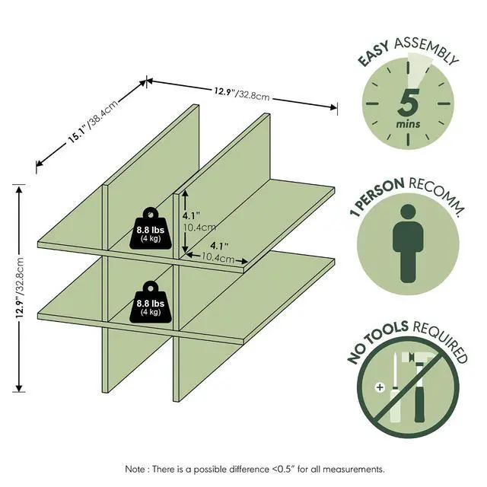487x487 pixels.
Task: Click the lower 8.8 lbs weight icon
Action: [x=151, y=302]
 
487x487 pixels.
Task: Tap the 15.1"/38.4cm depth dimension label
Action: [x=93, y=122]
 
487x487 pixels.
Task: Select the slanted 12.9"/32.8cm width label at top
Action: [x=241, y=93]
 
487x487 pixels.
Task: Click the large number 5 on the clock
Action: [x=408, y=102]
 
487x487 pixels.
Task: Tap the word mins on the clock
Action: [x=408, y=124]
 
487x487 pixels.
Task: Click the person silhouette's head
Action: [x=408, y=212]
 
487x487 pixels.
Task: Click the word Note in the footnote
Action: [x=135, y=469]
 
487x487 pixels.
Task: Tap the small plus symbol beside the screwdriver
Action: [x=380, y=387]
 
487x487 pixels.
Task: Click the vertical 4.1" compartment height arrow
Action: [x=185, y=221]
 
